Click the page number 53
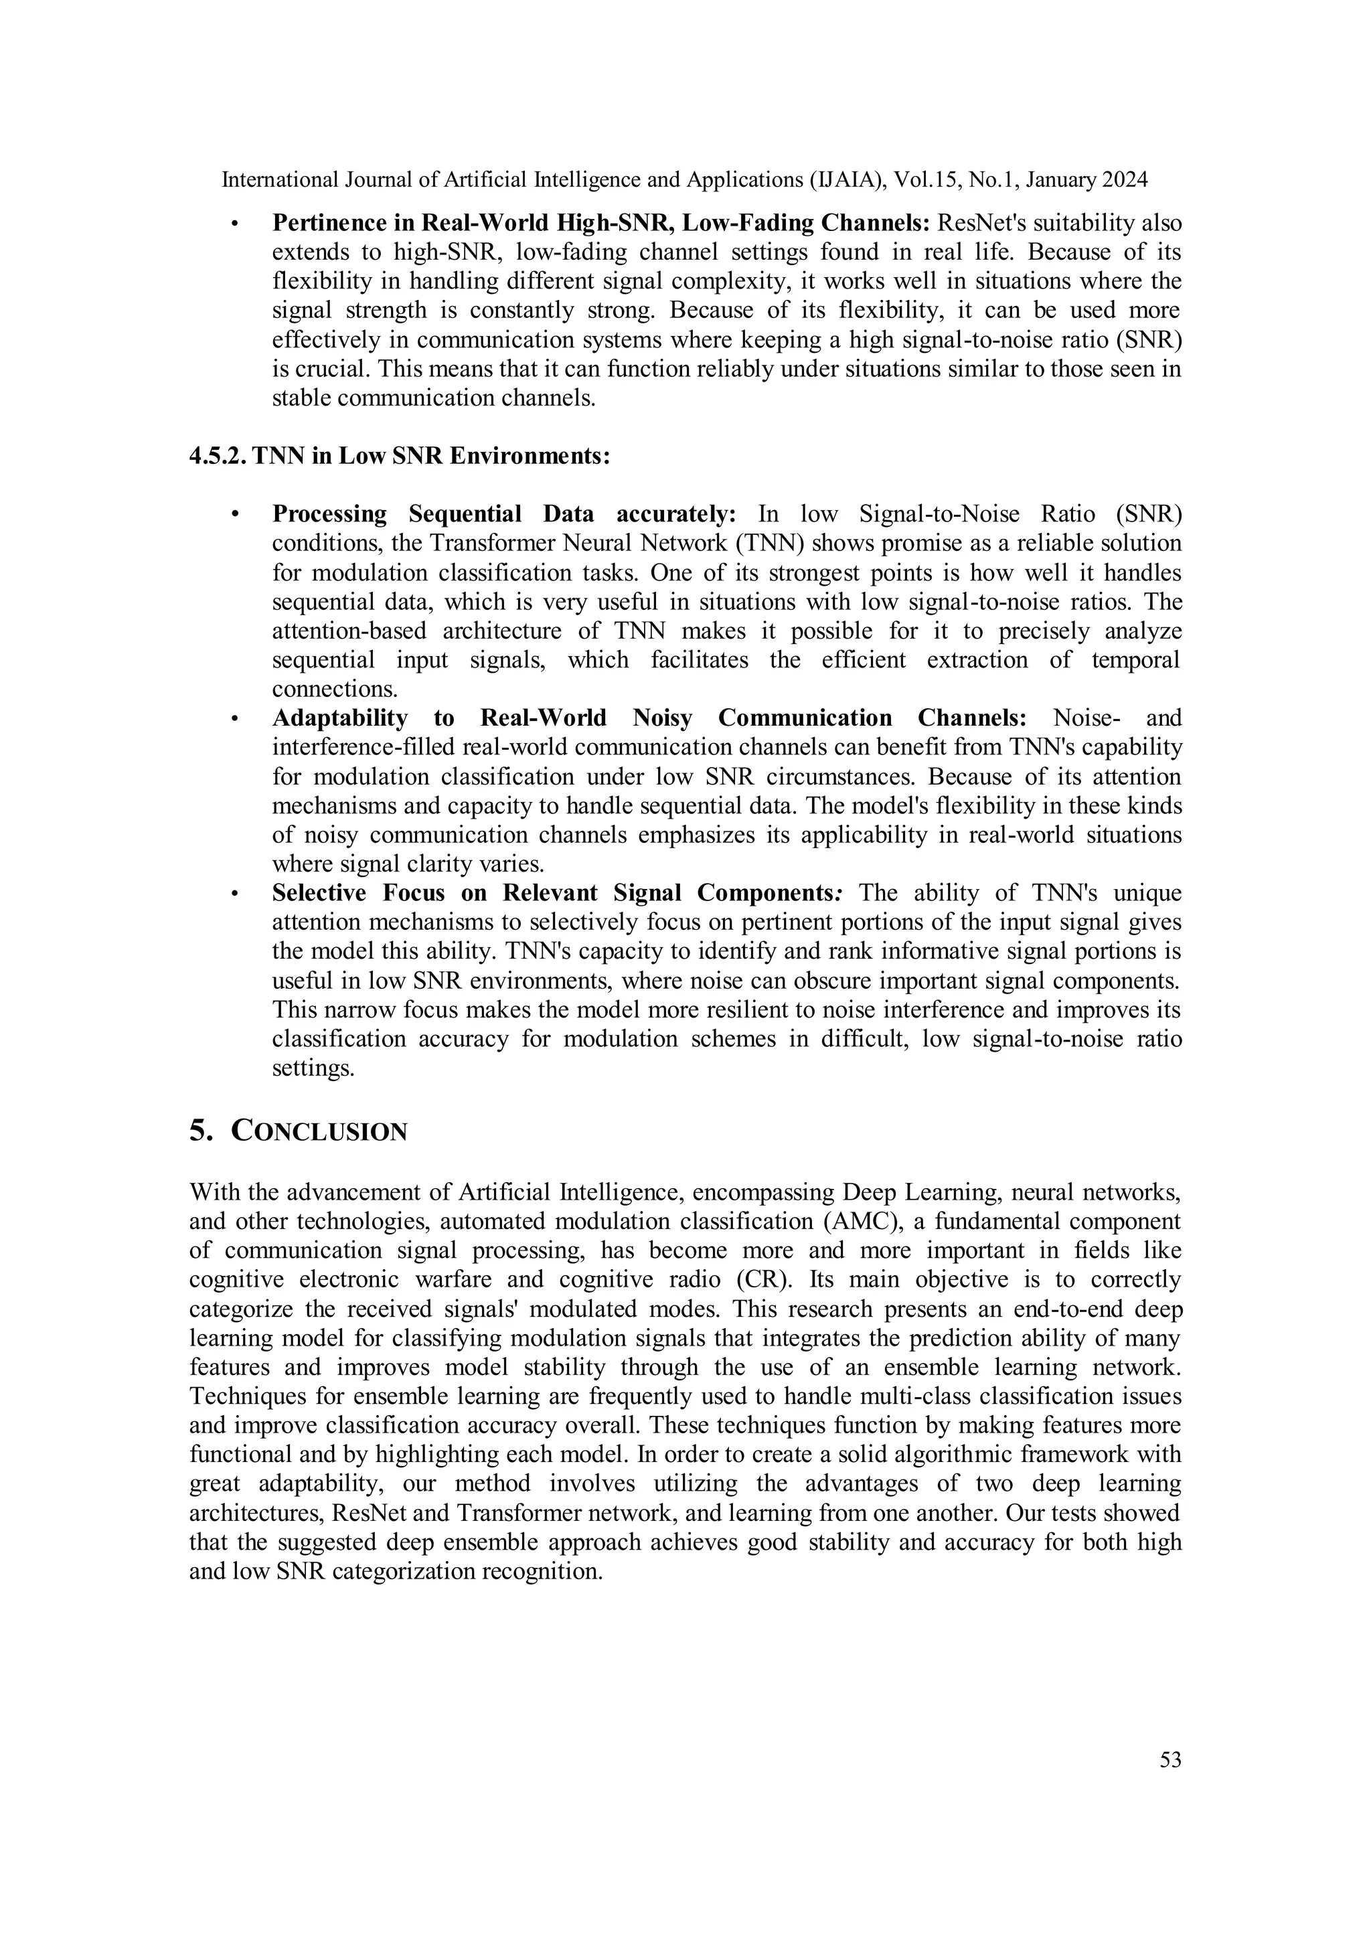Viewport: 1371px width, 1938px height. point(1170,1760)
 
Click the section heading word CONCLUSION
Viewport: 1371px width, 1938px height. point(319,1132)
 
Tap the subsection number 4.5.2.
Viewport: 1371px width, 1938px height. point(218,457)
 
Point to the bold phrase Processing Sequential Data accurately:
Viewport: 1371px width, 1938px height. point(504,514)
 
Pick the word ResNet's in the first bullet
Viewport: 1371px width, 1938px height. point(986,224)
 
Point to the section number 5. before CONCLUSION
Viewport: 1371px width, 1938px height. point(199,1131)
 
